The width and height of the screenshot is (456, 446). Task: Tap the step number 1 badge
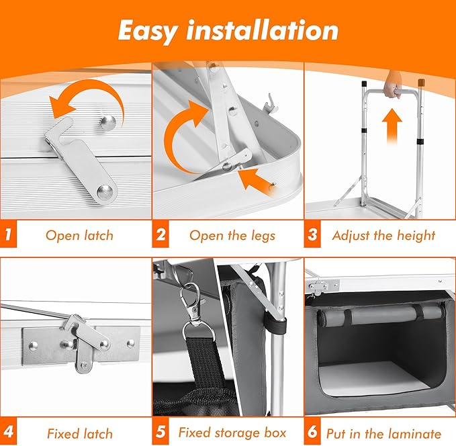[8, 234]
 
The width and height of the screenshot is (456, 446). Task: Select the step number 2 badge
[161, 234]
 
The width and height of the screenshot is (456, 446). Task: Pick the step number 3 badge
[312, 234]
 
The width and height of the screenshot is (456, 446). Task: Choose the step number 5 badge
[161, 432]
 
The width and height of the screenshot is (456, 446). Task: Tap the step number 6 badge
[312, 432]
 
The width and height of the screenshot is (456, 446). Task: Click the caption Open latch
[79, 235]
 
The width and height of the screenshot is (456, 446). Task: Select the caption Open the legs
[232, 235]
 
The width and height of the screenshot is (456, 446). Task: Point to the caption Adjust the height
[383, 235]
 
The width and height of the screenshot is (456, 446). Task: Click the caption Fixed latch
[79, 433]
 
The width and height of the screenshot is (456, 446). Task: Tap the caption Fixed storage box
[232, 433]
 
